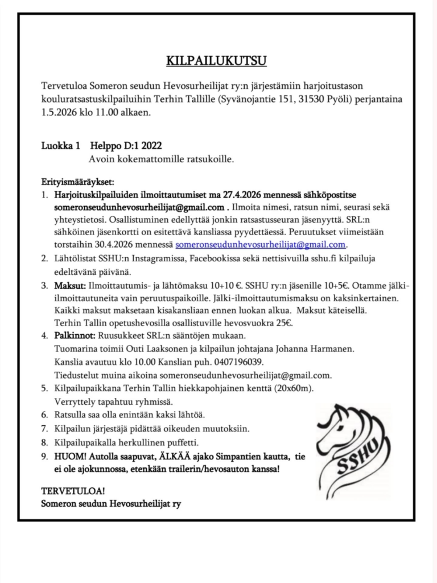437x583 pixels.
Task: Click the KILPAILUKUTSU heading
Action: (x=216, y=60)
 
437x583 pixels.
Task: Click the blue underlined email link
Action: (x=261, y=245)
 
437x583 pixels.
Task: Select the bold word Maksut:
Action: (x=71, y=284)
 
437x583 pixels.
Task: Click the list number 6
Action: (x=44, y=414)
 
